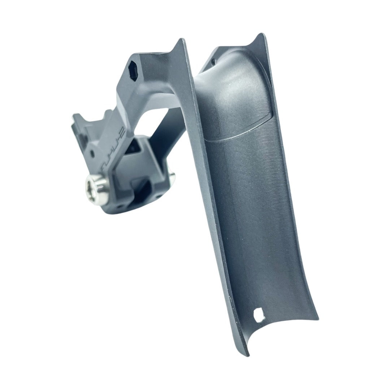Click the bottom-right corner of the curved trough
(317, 318)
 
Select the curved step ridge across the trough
(238, 135)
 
